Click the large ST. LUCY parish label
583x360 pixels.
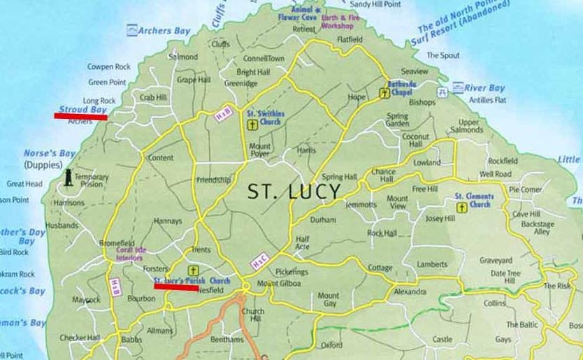294,191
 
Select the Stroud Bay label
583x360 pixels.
82,110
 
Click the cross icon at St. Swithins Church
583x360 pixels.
252,125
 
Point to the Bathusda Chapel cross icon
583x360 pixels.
384,92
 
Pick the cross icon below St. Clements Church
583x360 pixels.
461,208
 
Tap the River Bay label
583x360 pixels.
484,89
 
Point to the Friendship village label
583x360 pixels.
213,180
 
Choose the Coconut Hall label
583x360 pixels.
415,141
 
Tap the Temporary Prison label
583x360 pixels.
92,180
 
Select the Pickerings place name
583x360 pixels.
291,271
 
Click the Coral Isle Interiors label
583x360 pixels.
130,254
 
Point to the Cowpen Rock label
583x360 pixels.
109,67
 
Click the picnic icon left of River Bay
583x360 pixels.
442,92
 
